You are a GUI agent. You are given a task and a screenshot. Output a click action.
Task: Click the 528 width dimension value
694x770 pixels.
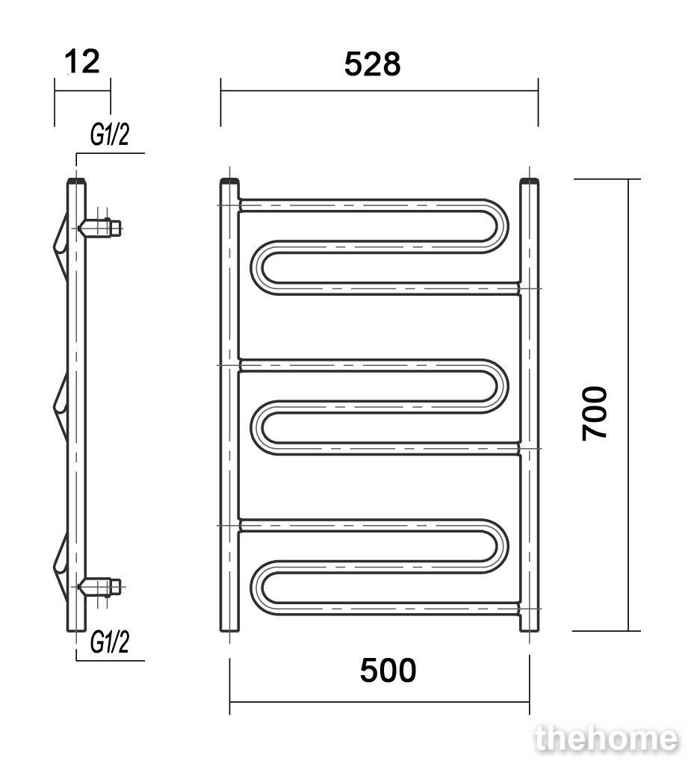pos(372,64)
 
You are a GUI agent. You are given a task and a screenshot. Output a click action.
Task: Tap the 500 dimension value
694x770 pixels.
pos(388,671)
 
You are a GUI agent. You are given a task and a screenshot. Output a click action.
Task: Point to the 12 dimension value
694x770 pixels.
pos(82,61)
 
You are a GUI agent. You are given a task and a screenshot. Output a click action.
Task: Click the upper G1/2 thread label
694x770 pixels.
pos(110,134)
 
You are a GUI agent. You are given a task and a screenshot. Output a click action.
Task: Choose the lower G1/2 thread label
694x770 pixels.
pos(110,642)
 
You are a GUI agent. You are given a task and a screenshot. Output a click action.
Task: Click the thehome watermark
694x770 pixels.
pos(607,738)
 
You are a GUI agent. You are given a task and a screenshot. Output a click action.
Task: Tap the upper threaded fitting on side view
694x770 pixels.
pos(100,228)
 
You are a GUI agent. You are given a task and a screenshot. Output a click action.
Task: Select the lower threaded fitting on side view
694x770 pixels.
pos(100,586)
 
